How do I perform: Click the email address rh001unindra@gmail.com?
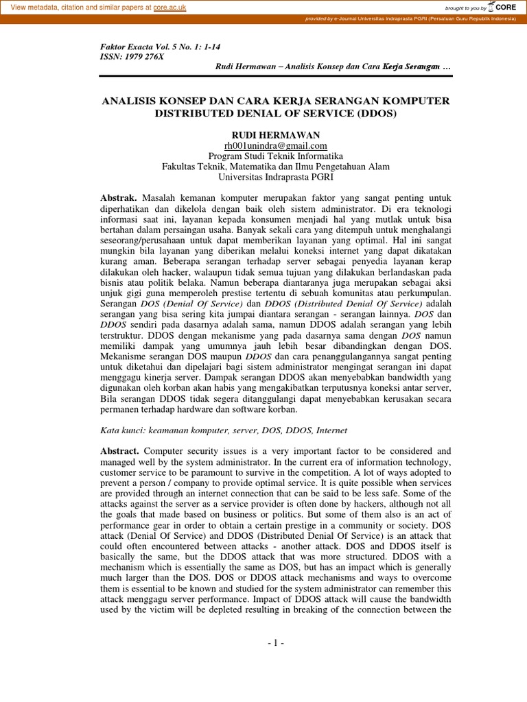[x=275, y=145]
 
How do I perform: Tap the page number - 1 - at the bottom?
[x=275, y=643]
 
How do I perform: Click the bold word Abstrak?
[x=119, y=197]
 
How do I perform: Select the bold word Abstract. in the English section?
[x=120, y=450]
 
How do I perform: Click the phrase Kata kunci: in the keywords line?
[x=121, y=430]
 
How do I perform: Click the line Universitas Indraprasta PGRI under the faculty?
[x=275, y=176]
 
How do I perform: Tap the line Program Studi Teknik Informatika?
[x=275, y=156]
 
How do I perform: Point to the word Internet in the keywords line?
[x=331, y=430]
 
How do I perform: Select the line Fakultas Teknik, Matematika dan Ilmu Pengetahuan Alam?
[x=275, y=166]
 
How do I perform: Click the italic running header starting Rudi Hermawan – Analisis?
[x=333, y=66]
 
